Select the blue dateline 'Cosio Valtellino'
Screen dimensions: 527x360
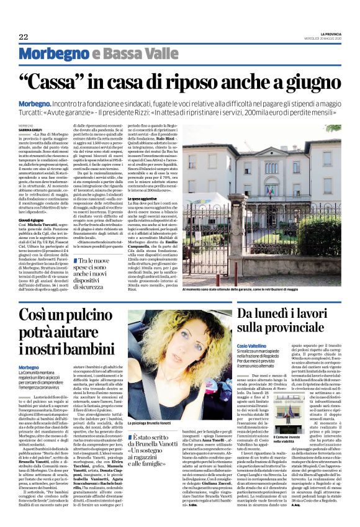[x=253, y=361]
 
